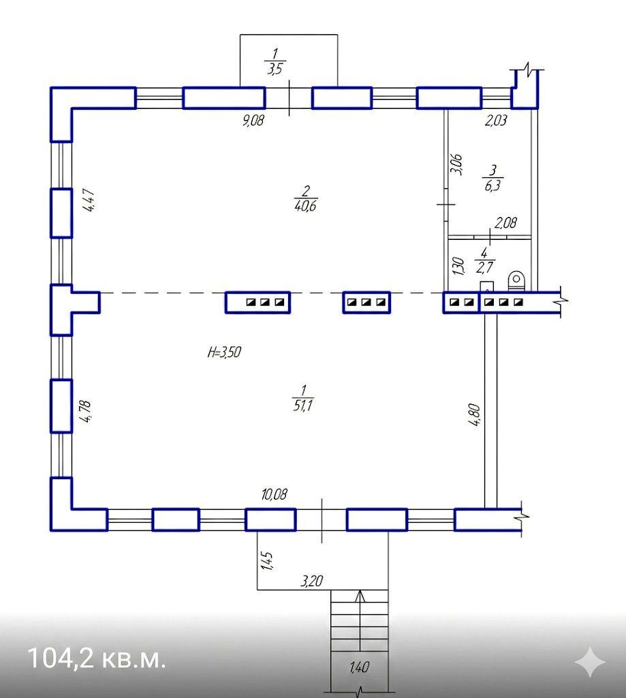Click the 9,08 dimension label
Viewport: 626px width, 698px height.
(x=253, y=120)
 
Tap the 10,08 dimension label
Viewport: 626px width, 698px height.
(x=274, y=494)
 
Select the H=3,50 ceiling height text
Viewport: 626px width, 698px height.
(x=224, y=352)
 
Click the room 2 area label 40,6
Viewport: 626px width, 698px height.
(x=305, y=206)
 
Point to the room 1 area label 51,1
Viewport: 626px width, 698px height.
(x=303, y=406)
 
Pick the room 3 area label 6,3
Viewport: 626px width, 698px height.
(x=492, y=185)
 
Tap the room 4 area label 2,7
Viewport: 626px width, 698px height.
(x=484, y=267)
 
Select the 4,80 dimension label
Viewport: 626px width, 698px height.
(x=475, y=414)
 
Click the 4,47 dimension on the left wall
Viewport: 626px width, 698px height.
(x=88, y=200)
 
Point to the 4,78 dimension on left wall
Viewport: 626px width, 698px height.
(x=84, y=411)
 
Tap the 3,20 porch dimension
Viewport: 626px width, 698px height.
(x=312, y=581)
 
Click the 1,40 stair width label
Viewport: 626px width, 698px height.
(x=360, y=667)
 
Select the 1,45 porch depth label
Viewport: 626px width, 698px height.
(x=267, y=560)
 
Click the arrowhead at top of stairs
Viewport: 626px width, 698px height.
(x=360, y=596)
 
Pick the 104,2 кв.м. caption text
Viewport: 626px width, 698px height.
(x=97, y=658)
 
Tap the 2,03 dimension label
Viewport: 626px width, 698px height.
(x=496, y=120)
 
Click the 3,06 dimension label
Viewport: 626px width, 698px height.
(x=456, y=164)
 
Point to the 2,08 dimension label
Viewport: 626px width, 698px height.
(x=506, y=223)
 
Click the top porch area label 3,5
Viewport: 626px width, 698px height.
(x=275, y=69)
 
